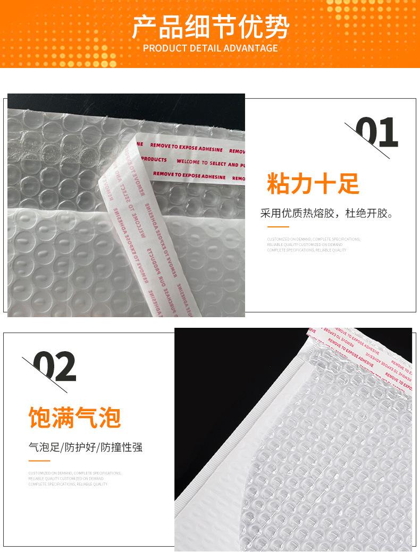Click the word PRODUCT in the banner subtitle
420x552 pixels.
pyautogui.click(x=163, y=48)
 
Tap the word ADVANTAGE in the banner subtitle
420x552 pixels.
pyautogui.click(x=251, y=48)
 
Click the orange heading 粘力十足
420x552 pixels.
pyautogui.click(x=313, y=184)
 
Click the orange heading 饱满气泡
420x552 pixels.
pyautogui.click(x=74, y=418)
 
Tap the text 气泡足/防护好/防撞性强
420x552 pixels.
pyautogui.click(x=86, y=447)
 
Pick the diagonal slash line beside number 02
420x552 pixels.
pyautogui.click(x=45, y=375)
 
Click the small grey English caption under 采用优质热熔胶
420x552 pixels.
pyautogui.click(x=313, y=244)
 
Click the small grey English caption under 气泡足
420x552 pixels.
pyautogui.click(x=74, y=478)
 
